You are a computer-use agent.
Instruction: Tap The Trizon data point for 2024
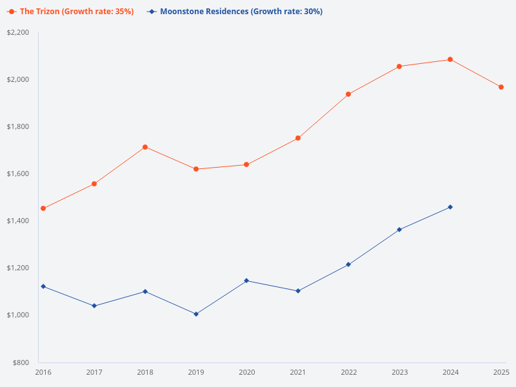[x=450, y=59]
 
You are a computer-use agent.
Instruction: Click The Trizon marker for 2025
[x=501, y=87]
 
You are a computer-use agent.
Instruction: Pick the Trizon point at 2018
[x=145, y=147]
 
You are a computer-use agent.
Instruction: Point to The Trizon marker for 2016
[x=43, y=208]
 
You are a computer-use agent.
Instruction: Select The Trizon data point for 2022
[x=348, y=94]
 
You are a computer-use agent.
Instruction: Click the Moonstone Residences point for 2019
[x=196, y=314]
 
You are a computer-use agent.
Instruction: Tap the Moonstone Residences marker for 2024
[x=450, y=207]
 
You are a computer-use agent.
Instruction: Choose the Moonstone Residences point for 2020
[x=247, y=281]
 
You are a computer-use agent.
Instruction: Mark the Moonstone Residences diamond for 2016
[x=43, y=286]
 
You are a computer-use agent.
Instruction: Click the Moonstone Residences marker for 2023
[x=399, y=230]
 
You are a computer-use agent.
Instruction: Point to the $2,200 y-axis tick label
[x=18, y=32]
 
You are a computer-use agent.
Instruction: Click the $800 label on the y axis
[x=21, y=362]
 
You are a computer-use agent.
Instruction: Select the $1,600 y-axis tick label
[x=18, y=174]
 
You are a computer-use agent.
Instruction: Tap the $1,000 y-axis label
[x=18, y=315]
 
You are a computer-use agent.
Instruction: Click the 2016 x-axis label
[x=43, y=372]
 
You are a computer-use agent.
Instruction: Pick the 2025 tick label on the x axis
[x=501, y=372]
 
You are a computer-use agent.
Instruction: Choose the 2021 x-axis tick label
[x=298, y=372]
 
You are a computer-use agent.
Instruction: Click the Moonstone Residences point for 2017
[x=94, y=306]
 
